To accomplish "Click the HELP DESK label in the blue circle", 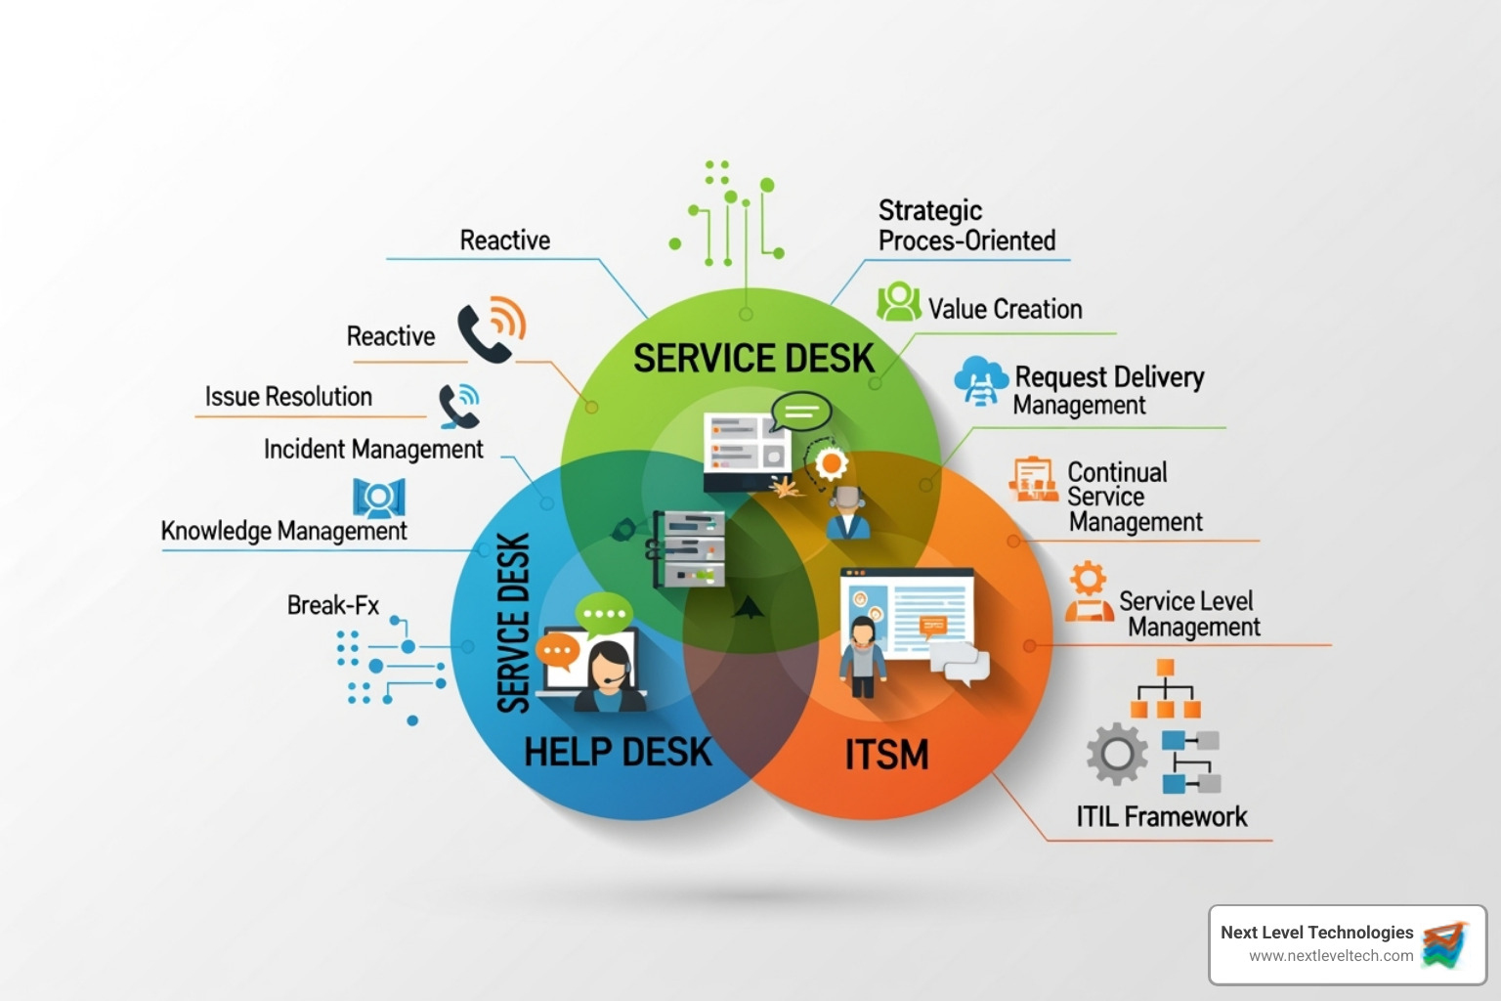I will click(x=618, y=752).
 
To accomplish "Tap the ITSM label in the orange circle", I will click(x=886, y=755).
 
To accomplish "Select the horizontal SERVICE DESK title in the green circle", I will click(x=753, y=359).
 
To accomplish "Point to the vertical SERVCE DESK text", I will click(x=513, y=623).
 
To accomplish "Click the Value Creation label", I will click(x=1005, y=309).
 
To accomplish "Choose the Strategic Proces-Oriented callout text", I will click(x=966, y=226).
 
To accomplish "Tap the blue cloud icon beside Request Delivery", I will click(x=981, y=380).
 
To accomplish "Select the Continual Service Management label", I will click(x=1134, y=497).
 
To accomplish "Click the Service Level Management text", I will click(x=1189, y=614).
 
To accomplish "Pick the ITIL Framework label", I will click(x=1161, y=816).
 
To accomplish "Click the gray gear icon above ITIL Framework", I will click(x=1117, y=754).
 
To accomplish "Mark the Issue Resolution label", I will click(x=288, y=397).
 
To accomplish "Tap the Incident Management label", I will click(x=373, y=449).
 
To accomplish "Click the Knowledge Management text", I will click(x=283, y=531).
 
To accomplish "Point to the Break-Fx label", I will click(x=332, y=605).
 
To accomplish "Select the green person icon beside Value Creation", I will click(x=898, y=302).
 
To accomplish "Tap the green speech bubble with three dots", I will click(x=604, y=614).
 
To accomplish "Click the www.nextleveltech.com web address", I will click(x=1330, y=956).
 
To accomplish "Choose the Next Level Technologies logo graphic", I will click(x=1445, y=944).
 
